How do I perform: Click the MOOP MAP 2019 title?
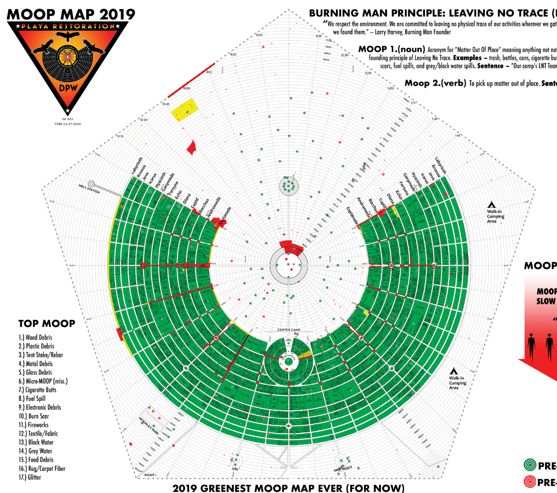point(71,14)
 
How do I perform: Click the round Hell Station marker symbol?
point(92,184)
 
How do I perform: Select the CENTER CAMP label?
point(289,330)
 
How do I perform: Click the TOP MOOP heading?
point(47,324)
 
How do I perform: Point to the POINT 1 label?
point(150,475)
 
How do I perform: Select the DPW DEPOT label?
point(343,468)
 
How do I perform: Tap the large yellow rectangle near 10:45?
point(185,110)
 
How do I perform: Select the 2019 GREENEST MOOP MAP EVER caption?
point(289,488)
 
